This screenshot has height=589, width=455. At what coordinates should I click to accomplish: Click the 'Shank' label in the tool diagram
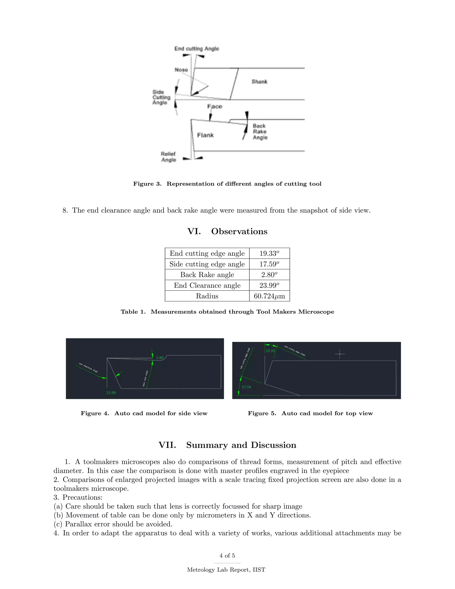259,81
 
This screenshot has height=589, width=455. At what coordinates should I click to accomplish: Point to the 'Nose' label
181,70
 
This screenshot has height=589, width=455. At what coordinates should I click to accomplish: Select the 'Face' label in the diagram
215,106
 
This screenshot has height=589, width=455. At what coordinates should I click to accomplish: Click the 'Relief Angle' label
168,157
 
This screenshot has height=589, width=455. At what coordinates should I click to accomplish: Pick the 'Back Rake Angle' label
260,132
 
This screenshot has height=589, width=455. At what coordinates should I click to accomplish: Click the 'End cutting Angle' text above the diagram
196,48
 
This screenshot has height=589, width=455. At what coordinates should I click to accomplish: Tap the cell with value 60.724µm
269,296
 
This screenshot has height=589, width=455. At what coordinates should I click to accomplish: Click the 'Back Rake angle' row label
207,275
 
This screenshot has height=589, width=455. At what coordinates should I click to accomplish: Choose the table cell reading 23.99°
269,285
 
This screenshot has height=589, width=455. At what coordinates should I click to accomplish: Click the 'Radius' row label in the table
207,296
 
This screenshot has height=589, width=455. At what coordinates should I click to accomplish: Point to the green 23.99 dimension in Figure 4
111,393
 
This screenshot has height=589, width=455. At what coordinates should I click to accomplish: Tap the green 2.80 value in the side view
160,358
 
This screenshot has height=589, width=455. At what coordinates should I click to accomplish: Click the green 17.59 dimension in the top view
246,387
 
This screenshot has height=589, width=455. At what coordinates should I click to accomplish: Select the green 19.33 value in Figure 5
270,351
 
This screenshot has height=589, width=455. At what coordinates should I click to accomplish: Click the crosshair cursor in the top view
340,354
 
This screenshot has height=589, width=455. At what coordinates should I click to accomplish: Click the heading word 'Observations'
239,231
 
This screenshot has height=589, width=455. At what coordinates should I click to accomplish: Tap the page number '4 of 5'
227,556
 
